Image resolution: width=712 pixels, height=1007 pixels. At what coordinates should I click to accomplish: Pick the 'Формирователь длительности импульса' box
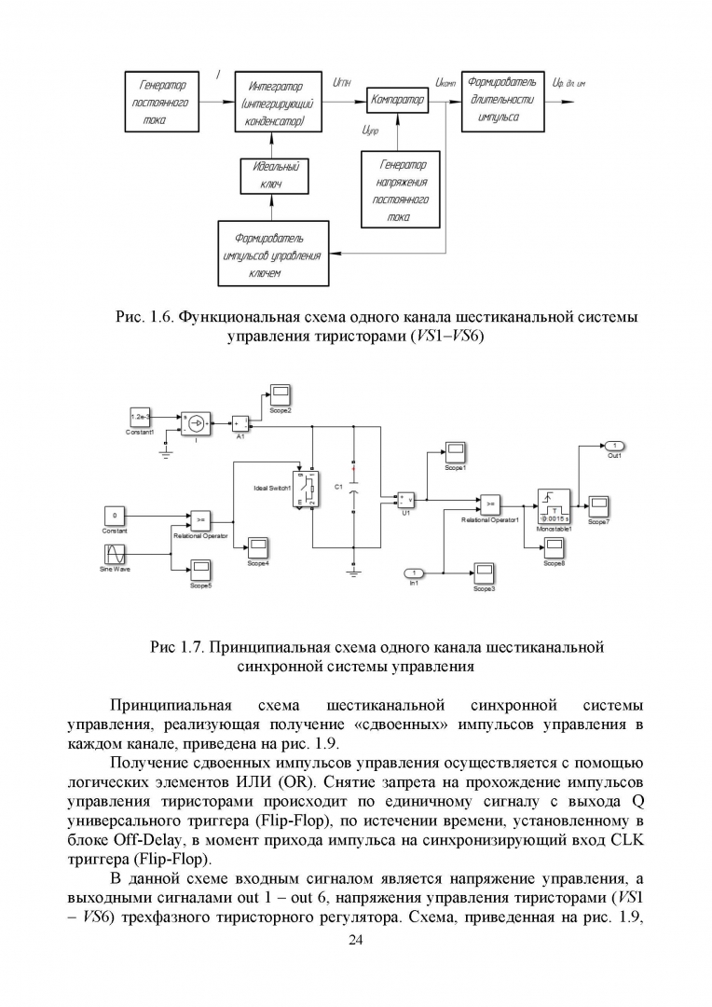pos(501,103)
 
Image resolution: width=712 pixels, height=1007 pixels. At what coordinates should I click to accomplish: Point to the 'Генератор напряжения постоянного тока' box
pos(400,188)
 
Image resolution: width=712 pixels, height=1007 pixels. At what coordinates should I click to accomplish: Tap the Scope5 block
pos(201,569)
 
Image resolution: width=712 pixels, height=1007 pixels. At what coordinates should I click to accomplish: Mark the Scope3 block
pos(484,572)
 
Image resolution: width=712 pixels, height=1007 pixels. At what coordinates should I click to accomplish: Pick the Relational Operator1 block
pos(489,505)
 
